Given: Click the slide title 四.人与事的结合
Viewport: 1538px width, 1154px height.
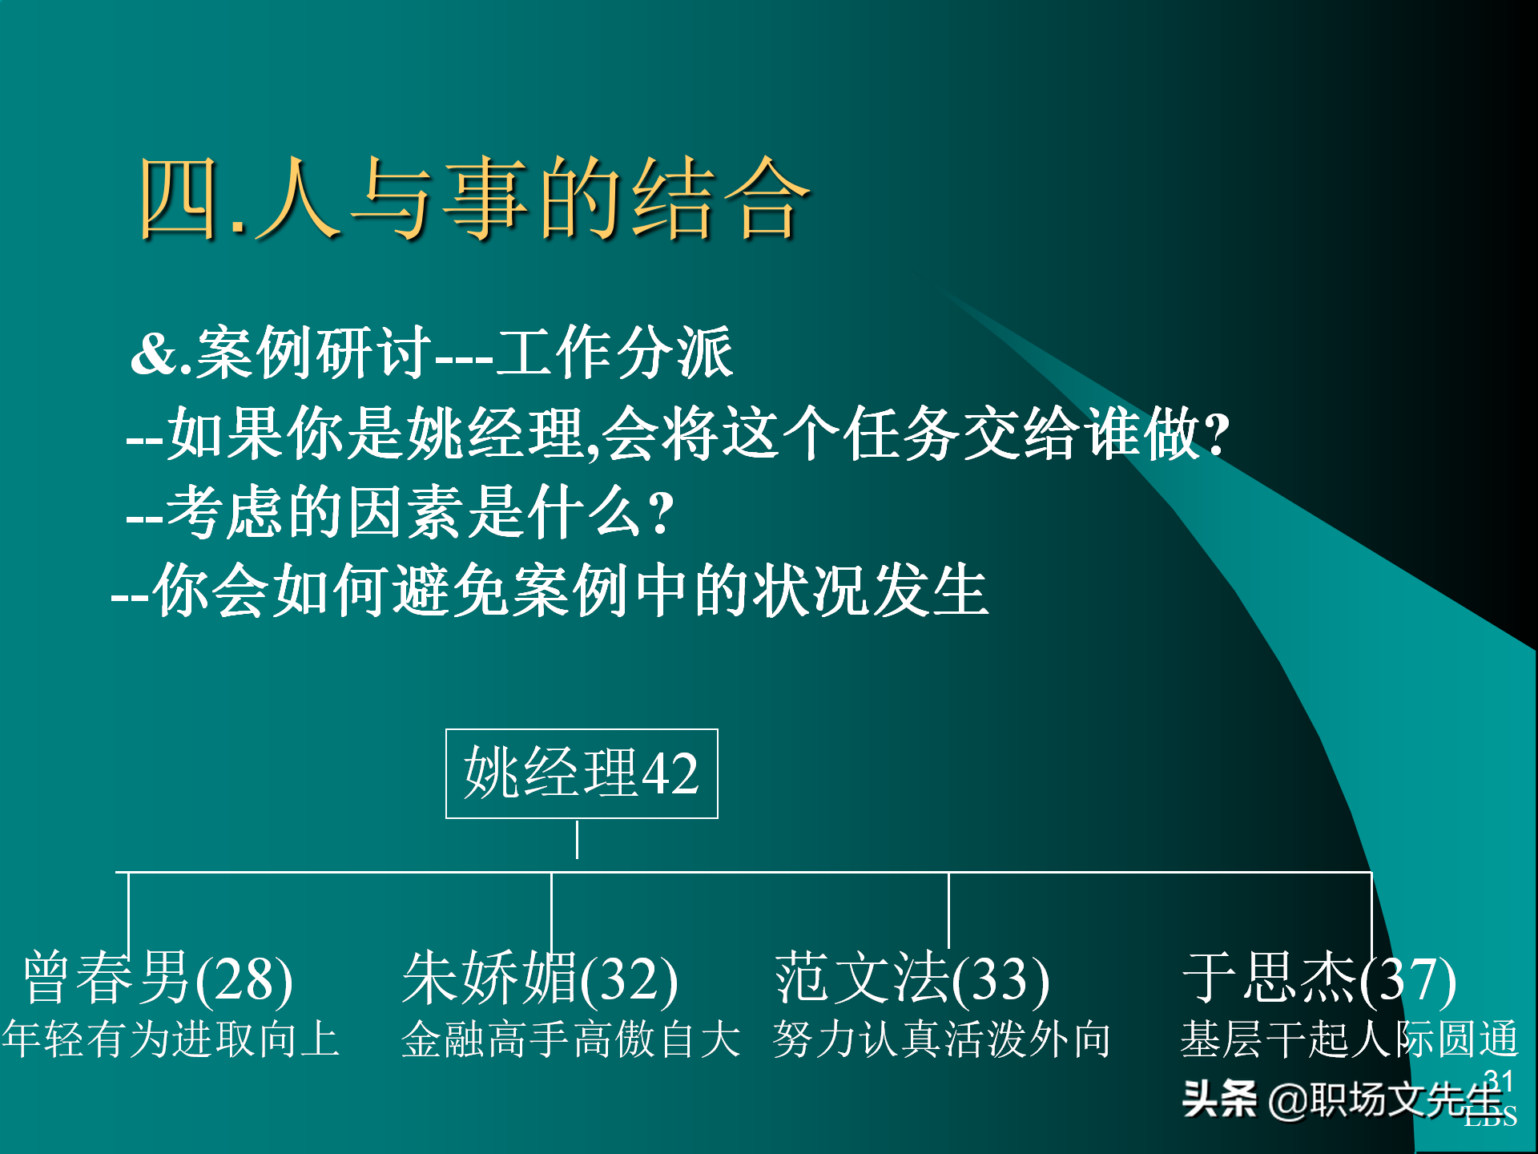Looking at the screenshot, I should click(474, 199).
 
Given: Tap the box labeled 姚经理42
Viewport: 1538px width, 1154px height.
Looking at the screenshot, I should click(582, 773).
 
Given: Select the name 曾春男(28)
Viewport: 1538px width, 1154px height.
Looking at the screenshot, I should click(158, 978).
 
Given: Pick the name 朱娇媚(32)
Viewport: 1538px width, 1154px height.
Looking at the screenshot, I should click(540, 978).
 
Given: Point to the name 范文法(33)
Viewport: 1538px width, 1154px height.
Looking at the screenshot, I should click(912, 978).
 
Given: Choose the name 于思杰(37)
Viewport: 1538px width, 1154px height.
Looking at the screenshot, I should click(1319, 978).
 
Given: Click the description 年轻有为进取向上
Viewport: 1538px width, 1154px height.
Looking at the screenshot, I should click(171, 1039).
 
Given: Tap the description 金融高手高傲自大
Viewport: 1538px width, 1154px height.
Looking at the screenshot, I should click(570, 1039).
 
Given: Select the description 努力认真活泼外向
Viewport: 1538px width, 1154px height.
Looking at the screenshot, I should click(941, 1039).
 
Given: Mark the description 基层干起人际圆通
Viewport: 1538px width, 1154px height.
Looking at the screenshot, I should click(1349, 1039).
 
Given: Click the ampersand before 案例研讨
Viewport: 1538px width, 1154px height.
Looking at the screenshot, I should click(154, 353).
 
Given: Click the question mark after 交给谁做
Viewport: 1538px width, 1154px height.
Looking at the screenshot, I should click(1217, 434).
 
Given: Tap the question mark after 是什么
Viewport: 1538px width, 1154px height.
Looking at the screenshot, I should click(662, 513).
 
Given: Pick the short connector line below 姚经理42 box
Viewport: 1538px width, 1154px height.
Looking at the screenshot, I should click(577, 840).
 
